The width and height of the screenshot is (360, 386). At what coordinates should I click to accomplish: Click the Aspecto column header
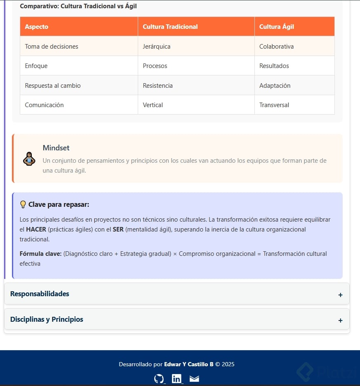click(x=37, y=27)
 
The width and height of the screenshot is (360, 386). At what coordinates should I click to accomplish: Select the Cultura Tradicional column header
click(x=170, y=27)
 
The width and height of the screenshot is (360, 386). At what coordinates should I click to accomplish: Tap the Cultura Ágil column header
click(x=277, y=27)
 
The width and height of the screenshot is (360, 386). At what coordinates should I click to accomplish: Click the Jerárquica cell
click(x=157, y=47)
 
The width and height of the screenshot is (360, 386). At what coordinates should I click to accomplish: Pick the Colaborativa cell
click(x=277, y=47)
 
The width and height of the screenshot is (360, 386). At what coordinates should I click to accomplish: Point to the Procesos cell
click(x=155, y=66)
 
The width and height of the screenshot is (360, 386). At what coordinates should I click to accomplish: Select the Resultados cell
click(x=274, y=66)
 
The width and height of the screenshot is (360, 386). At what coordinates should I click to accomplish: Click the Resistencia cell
click(x=158, y=86)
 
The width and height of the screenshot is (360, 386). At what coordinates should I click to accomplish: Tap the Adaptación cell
click(x=275, y=86)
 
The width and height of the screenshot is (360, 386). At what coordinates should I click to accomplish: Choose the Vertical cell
click(x=153, y=105)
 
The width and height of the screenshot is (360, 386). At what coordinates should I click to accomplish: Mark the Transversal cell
click(x=274, y=105)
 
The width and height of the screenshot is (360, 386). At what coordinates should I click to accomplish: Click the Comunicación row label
click(x=45, y=105)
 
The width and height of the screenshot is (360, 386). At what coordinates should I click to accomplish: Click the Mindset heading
click(x=56, y=148)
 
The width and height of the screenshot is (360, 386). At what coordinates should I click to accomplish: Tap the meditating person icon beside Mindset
click(x=29, y=159)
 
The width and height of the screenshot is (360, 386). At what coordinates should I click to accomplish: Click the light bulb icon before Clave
click(x=23, y=204)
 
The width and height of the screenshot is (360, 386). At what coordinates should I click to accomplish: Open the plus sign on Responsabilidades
click(x=340, y=295)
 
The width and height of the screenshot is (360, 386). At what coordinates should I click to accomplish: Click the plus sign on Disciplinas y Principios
click(x=340, y=320)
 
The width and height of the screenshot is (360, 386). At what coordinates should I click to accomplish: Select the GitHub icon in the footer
click(x=159, y=379)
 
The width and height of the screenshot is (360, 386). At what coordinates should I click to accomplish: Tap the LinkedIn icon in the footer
click(x=176, y=379)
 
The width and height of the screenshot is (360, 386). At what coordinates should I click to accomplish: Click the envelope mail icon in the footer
click(x=194, y=379)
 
